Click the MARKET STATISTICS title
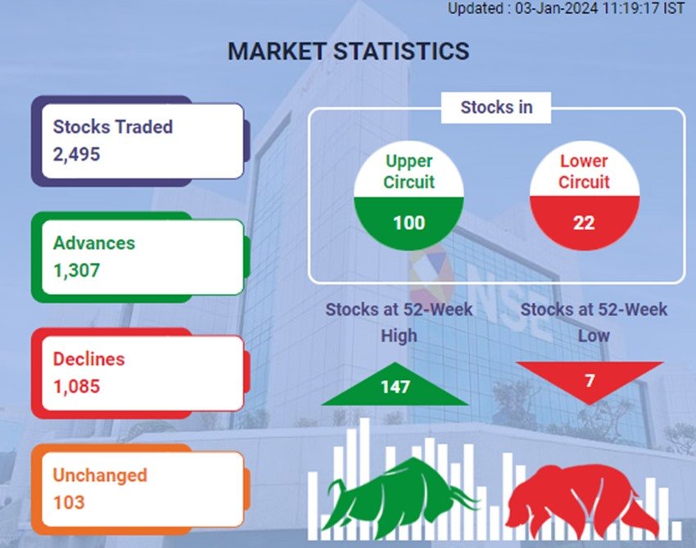[x=349, y=51]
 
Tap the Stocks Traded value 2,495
[x=76, y=155]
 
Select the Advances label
[x=94, y=243]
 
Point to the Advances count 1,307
[x=76, y=270]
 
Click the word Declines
[x=88, y=359]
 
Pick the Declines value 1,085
[x=76, y=387]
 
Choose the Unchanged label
[x=100, y=475]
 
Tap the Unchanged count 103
[x=69, y=503]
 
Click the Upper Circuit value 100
[x=409, y=223]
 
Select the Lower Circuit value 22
[x=584, y=223]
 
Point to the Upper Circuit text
[x=409, y=171]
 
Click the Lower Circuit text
[x=584, y=171]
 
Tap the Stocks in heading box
[x=496, y=107]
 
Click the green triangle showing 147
[x=395, y=384]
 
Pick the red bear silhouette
[x=581, y=500]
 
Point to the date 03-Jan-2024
[x=556, y=8]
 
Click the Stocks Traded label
[x=113, y=127]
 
